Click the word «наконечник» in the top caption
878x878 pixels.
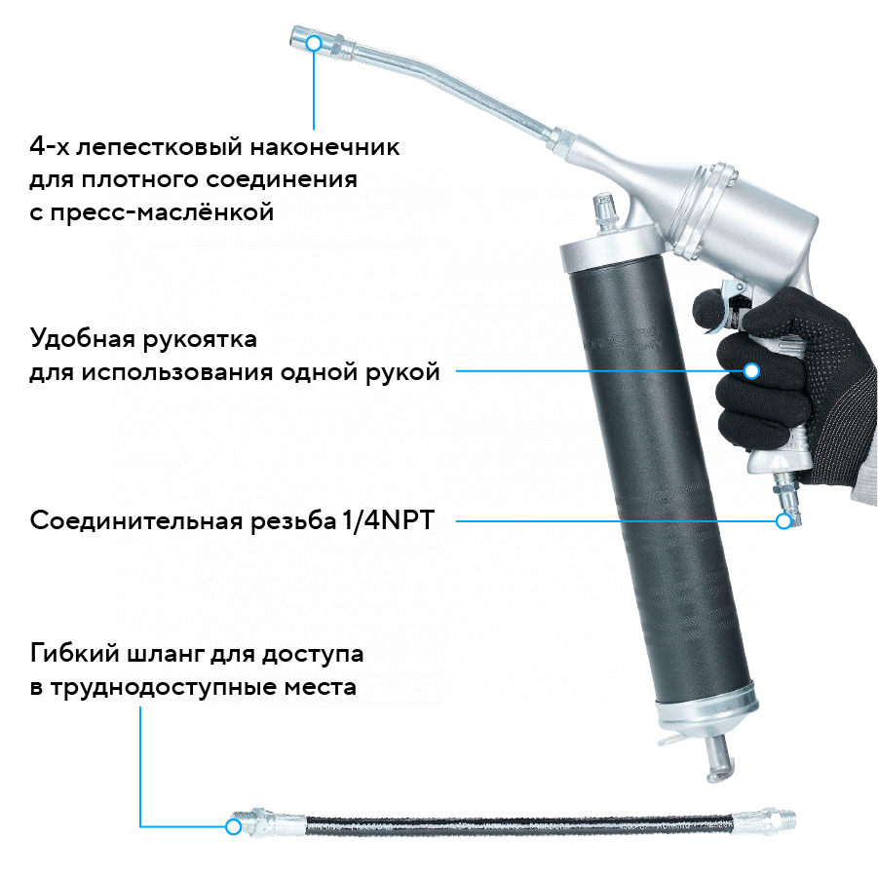pyautogui.click(x=324, y=147)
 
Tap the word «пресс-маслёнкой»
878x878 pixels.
pyautogui.click(x=162, y=212)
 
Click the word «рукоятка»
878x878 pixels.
pyautogui.click(x=200, y=340)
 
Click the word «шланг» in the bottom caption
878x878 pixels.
pyautogui.click(x=166, y=654)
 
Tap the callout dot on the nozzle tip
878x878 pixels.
pyautogui.click(x=314, y=43)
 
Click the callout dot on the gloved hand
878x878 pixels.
pyautogui.click(x=751, y=370)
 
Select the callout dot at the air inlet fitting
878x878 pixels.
pyautogui.click(x=783, y=521)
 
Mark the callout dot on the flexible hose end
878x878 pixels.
pyautogui.click(x=234, y=826)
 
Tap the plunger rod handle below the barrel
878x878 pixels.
pyautogui.click(x=719, y=759)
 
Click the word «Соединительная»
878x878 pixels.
pyautogui.click(x=137, y=520)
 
